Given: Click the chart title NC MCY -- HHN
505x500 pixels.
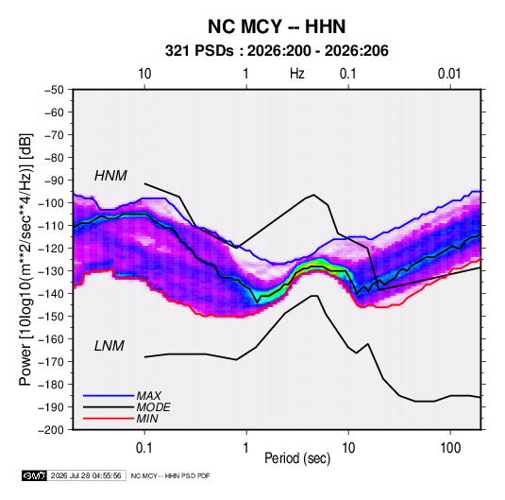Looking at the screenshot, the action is pos(277,26).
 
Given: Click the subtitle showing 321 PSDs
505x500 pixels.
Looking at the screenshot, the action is pos(277,51).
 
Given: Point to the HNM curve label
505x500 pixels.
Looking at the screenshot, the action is pos(110,176).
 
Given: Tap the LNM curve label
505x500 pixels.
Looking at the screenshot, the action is pos(109,346).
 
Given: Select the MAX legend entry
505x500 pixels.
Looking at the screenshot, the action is pos(148,396).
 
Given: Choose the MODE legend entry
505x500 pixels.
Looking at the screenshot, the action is pos(153,407).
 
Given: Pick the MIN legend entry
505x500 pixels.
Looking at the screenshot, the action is pos(147,419).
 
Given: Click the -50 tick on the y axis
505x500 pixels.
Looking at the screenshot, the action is pos(54,90).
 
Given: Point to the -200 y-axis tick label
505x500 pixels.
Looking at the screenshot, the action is pos(51,430).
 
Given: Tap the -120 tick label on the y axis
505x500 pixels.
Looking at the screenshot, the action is pos(51,249).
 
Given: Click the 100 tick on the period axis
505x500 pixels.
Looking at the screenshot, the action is pos(450,448).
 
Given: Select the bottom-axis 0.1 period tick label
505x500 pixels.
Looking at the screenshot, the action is pos(144,448).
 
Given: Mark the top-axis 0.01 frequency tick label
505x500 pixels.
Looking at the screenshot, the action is pos(449,74).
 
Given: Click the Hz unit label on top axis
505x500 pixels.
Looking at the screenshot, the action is pos(297,74).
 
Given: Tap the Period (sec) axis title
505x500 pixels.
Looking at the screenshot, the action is pos(297,458).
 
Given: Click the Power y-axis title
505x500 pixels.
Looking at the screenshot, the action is pos(25,260).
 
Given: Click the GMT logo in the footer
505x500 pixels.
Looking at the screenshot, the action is pos(35,475).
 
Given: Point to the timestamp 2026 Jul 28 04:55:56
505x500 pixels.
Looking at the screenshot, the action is pos(86,475).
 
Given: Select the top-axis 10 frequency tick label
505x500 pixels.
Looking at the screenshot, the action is pos(144,74).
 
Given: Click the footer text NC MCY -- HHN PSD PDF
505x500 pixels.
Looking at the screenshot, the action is pos(170,475).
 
